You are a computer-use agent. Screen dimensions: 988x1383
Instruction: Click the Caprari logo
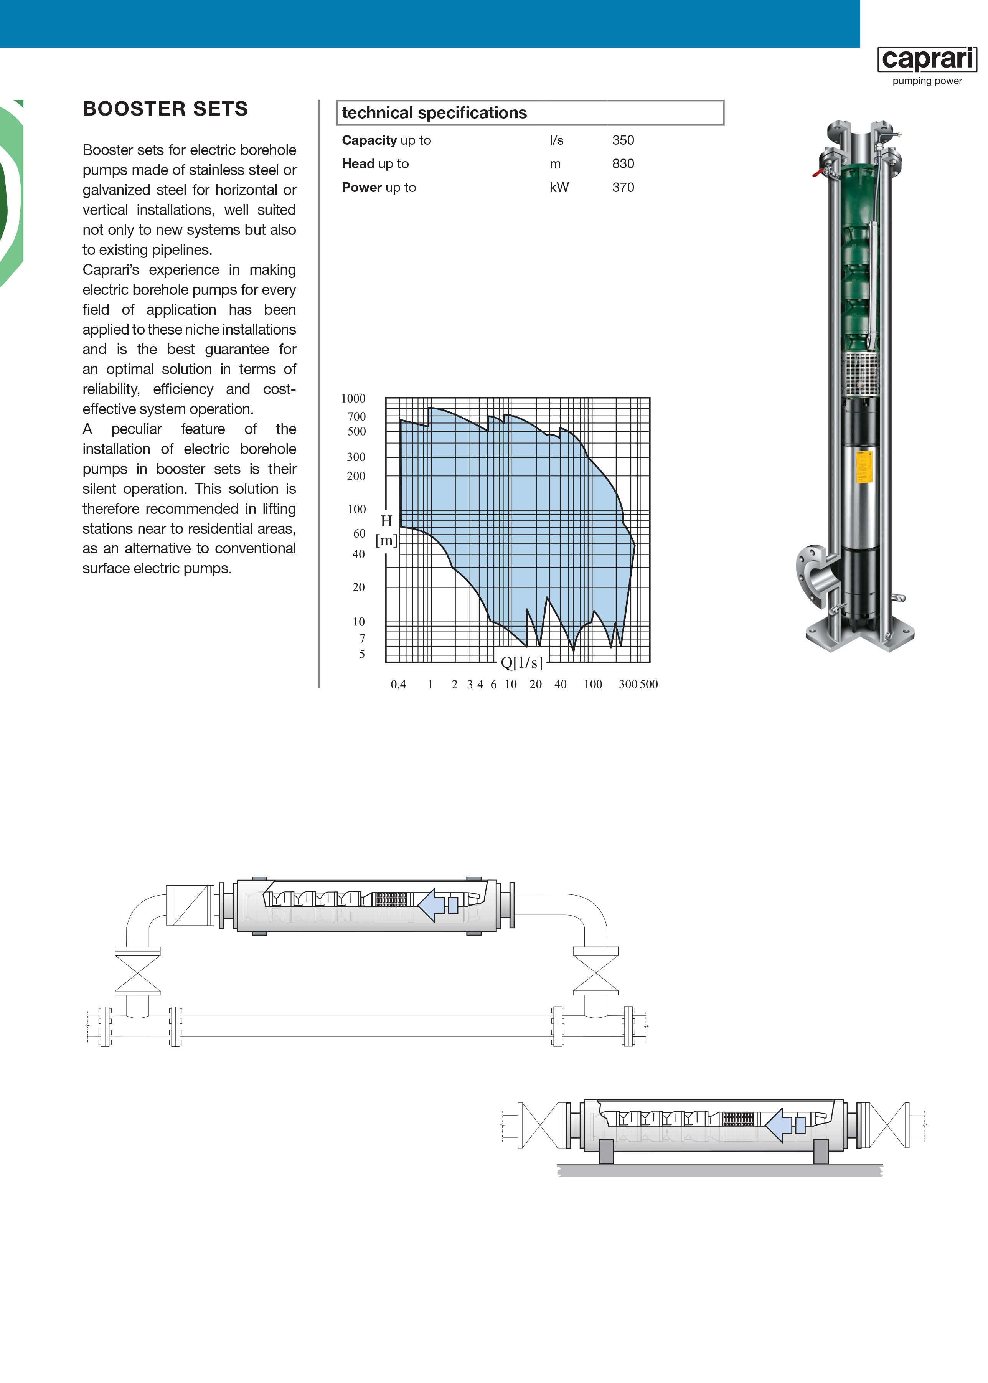pyautogui.click(x=927, y=59)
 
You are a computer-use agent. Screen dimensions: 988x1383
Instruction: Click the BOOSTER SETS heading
pyautogui.click(x=165, y=109)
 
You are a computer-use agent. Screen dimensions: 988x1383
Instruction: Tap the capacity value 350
pyautogui.click(x=623, y=140)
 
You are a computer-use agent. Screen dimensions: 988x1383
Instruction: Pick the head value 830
pyautogui.click(x=623, y=164)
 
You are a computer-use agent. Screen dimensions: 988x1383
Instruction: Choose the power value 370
pyautogui.click(x=623, y=187)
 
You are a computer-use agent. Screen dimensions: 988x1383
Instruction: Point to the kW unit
pyautogui.click(x=559, y=187)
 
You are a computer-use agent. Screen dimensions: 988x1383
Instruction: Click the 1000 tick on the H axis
pyautogui.click(x=353, y=399)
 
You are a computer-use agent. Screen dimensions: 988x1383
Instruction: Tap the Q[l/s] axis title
pyautogui.click(x=521, y=663)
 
